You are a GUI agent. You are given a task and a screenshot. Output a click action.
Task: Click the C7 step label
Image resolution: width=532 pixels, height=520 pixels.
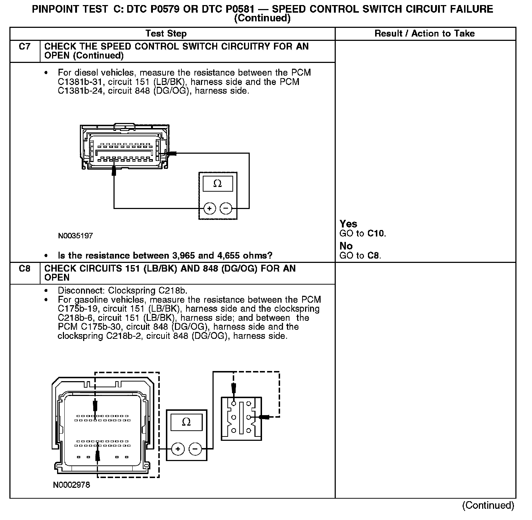click(24, 47)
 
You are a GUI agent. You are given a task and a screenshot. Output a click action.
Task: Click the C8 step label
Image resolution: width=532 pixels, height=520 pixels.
click(24, 269)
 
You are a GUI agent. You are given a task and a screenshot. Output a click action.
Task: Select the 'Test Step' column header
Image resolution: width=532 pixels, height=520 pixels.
click(166, 34)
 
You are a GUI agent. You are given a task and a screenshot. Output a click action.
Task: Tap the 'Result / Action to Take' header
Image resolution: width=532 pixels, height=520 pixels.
click(425, 34)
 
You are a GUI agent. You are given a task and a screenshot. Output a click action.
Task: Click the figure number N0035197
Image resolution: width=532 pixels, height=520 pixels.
click(75, 236)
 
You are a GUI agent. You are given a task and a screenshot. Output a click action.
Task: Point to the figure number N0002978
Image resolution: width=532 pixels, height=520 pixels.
click(71, 485)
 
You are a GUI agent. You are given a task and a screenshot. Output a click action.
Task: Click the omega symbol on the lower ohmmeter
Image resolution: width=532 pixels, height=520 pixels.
click(186, 422)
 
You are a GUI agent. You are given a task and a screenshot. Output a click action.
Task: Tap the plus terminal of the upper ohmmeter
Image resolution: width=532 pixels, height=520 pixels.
click(210, 209)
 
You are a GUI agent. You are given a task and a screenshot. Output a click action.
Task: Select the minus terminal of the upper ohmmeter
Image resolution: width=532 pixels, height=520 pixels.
click(226, 209)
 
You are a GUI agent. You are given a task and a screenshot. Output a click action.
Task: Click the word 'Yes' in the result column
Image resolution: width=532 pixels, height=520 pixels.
click(348, 224)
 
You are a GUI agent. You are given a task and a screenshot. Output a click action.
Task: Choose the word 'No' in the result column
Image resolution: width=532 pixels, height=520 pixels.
click(346, 246)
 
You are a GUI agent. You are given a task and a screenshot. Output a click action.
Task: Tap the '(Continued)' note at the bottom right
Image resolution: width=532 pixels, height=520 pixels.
click(488, 506)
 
